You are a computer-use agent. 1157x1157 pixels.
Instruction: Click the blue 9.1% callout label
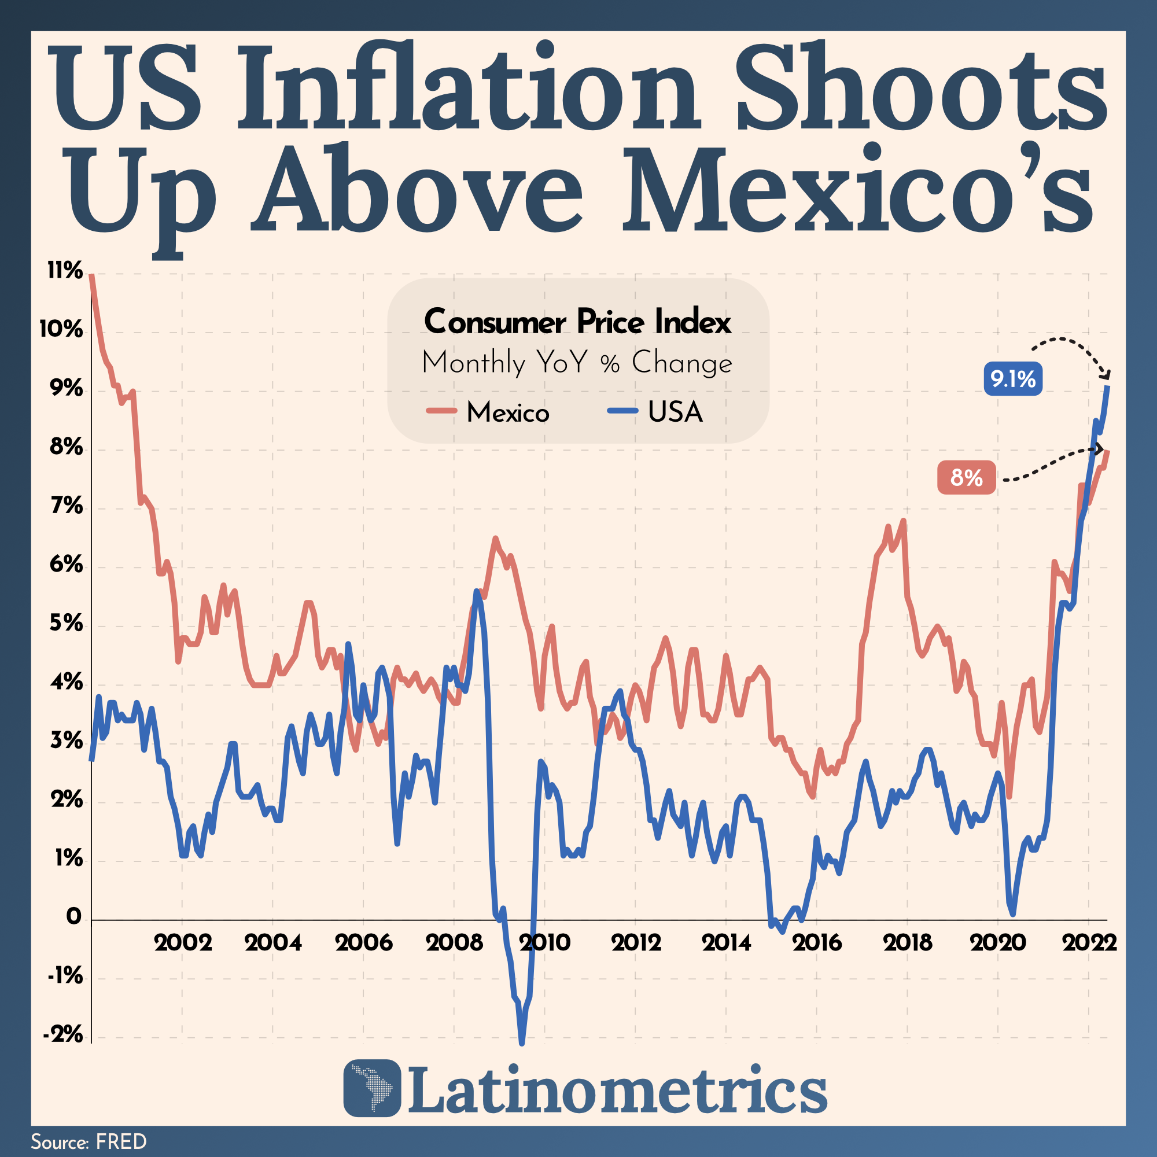point(1013,379)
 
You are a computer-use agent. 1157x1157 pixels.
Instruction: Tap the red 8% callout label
point(967,477)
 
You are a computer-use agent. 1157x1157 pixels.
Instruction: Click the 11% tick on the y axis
point(65,271)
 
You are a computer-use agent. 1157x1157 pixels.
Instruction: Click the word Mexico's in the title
point(858,190)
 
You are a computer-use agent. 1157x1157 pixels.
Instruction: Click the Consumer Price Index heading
point(578,322)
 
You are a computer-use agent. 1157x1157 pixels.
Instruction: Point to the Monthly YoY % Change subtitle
point(577,362)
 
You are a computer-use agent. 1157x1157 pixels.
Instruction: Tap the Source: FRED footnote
point(89,1141)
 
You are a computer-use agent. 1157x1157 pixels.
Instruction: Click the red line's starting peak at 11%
point(91,275)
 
